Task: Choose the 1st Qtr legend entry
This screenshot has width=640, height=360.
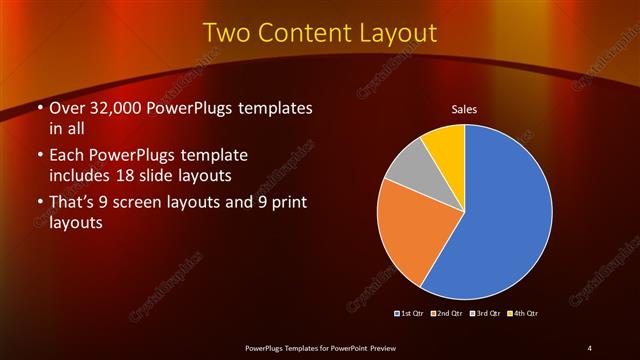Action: point(411,313)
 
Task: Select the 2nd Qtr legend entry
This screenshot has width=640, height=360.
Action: point(446,313)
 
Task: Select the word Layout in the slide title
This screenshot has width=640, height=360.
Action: point(400,33)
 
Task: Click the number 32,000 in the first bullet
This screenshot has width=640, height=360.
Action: point(116,108)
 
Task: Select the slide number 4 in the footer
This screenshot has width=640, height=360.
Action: point(590,348)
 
